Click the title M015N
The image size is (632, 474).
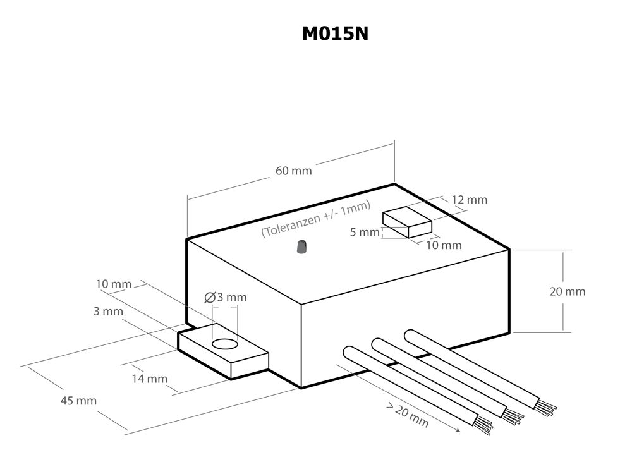335,33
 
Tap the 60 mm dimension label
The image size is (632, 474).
293,171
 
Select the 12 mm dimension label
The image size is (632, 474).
470,200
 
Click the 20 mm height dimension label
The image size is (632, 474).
567,291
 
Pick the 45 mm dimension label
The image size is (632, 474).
78,400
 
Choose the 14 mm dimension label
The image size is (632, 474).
149,379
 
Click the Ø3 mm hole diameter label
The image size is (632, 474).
226,297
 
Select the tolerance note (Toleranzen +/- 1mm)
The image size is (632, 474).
316,219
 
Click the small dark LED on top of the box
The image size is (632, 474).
301,246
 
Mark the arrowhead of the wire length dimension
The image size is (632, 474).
456,431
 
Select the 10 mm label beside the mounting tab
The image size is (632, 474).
114,284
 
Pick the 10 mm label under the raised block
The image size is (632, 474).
444,245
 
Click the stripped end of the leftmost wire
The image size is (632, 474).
484,425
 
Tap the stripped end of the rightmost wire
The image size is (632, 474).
549,406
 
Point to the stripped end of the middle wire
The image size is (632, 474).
514,415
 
